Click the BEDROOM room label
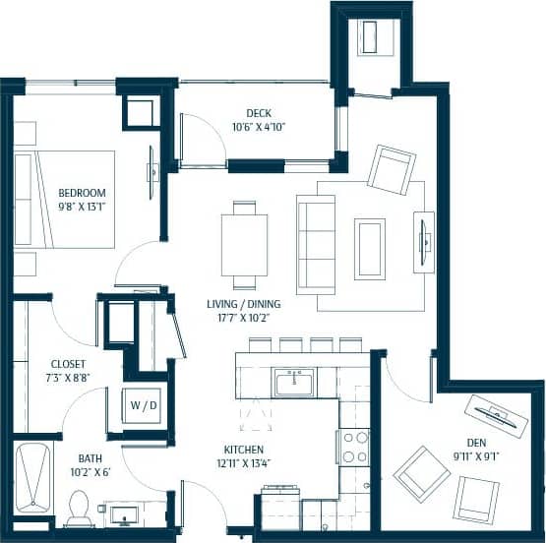pyautogui.click(x=82, y=192)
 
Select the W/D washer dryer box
pyautogui.click(x=138, y=403)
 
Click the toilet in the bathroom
pyautogui.click(x=80, y=507)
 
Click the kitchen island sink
pyautogui.click(x=294, y=382)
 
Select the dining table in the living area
pyautogui.click(x=244, y=245)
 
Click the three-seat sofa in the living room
pyautogui.click(x=316, y=243)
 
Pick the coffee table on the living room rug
pyautogui.click(x=370, y=249)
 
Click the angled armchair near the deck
pyautogui.click(x=391, y=170)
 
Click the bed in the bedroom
pyautogui.click(x=64, y=199)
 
